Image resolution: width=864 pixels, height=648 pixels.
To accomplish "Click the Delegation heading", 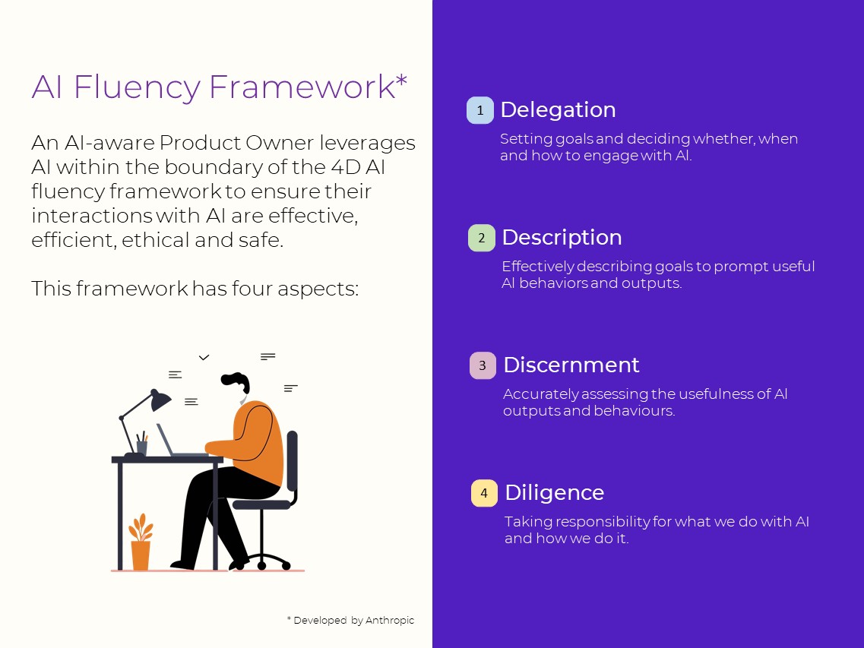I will pyautogui.click(x=558, y=110).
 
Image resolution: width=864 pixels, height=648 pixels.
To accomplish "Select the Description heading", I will pyautogui.click(x=562, y=238).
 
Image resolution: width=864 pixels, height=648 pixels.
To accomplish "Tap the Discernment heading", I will pyautogui.click(x=571, y=365).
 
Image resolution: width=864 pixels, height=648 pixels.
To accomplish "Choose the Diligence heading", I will pyautogui.click(x=554, y=493).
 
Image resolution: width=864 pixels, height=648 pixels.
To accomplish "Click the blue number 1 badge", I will pyautogui.click(x=479, y=111).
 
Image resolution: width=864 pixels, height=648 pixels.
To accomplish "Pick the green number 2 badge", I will pyautogui.click(x=481, y=239).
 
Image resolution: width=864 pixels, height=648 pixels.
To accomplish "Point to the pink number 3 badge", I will pyautogui.click(x=483, y=366).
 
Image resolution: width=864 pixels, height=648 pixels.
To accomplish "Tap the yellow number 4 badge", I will pyautogui.click(x=484, y=494).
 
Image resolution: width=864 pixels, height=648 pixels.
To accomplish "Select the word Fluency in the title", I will pyautogui.click(x=136, y=87).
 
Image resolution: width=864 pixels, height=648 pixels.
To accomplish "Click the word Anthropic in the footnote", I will pyautogui.click(x=390, y=621).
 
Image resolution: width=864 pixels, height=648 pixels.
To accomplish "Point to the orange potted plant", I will pyautogui.click(x=141, y=542).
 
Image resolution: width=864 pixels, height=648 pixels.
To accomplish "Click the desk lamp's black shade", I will pyautogui.click(x=160, y=400).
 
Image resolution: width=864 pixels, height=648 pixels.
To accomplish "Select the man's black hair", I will pyautogui.click(x=235, y=381).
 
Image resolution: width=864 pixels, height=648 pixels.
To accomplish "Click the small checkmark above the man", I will pyautogui.click(x=204, y=357).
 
